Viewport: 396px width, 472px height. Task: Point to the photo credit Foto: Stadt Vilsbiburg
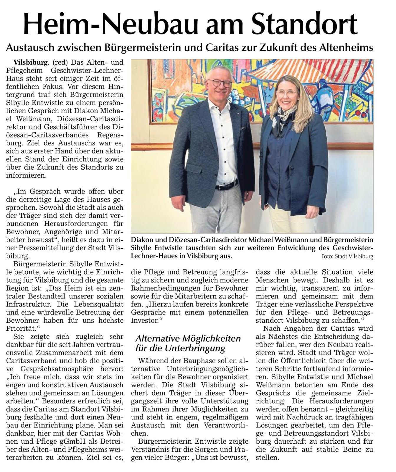tap(347, 257)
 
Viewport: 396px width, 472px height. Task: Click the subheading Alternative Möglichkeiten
tap(188, 338)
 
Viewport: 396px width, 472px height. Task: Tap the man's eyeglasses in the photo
tap(219, 83)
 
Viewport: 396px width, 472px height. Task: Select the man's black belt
tap(226, 186)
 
